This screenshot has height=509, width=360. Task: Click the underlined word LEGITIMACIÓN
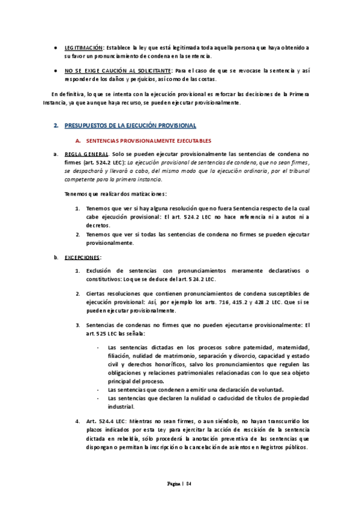(x=83, y=47)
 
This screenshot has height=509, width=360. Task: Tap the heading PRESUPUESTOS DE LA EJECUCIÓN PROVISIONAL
(x=130, y=125)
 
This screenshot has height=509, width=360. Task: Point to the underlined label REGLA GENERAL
(x=84, y=153)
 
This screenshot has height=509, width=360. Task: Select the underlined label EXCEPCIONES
(x=82, y=257)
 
